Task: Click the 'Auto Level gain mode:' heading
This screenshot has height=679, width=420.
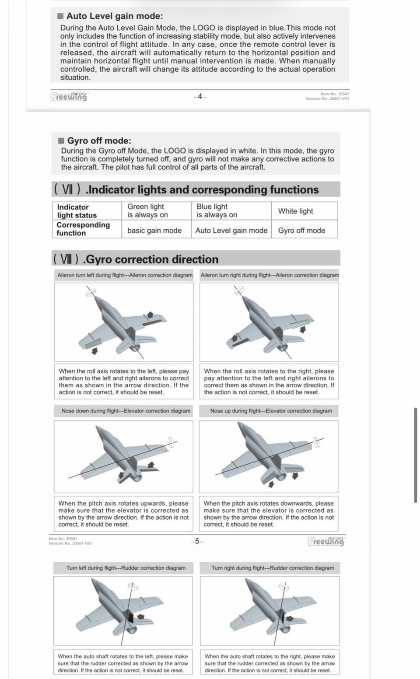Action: pos(114,16)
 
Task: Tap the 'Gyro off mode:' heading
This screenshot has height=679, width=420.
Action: pos(99,140)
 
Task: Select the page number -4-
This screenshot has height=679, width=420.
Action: pos(200,97)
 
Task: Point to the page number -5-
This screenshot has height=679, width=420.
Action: pos(197,541)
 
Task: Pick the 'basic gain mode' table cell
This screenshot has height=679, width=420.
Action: pos(154,230)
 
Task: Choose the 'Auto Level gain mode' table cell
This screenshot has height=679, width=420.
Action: pos(231,230)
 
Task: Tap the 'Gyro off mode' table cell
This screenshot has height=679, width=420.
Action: pos(301,230)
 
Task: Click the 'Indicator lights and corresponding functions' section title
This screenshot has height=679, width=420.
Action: pos(202,189)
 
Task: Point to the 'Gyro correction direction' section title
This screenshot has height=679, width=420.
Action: pos(150,259)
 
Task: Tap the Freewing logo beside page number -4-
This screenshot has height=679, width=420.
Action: pos(69,96)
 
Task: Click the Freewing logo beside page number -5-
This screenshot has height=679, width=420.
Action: pos(326,541)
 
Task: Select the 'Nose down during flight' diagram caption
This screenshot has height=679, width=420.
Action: pos(126,411)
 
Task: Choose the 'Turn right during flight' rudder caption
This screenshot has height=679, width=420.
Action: pos(273,568)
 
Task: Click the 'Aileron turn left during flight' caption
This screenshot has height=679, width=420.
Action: pos(125,275)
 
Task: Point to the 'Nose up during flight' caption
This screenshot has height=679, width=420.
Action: pos(271,411)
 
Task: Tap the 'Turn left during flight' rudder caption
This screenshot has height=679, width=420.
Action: pos(126,568)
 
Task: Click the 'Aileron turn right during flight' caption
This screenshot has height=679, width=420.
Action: pos(269,275)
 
